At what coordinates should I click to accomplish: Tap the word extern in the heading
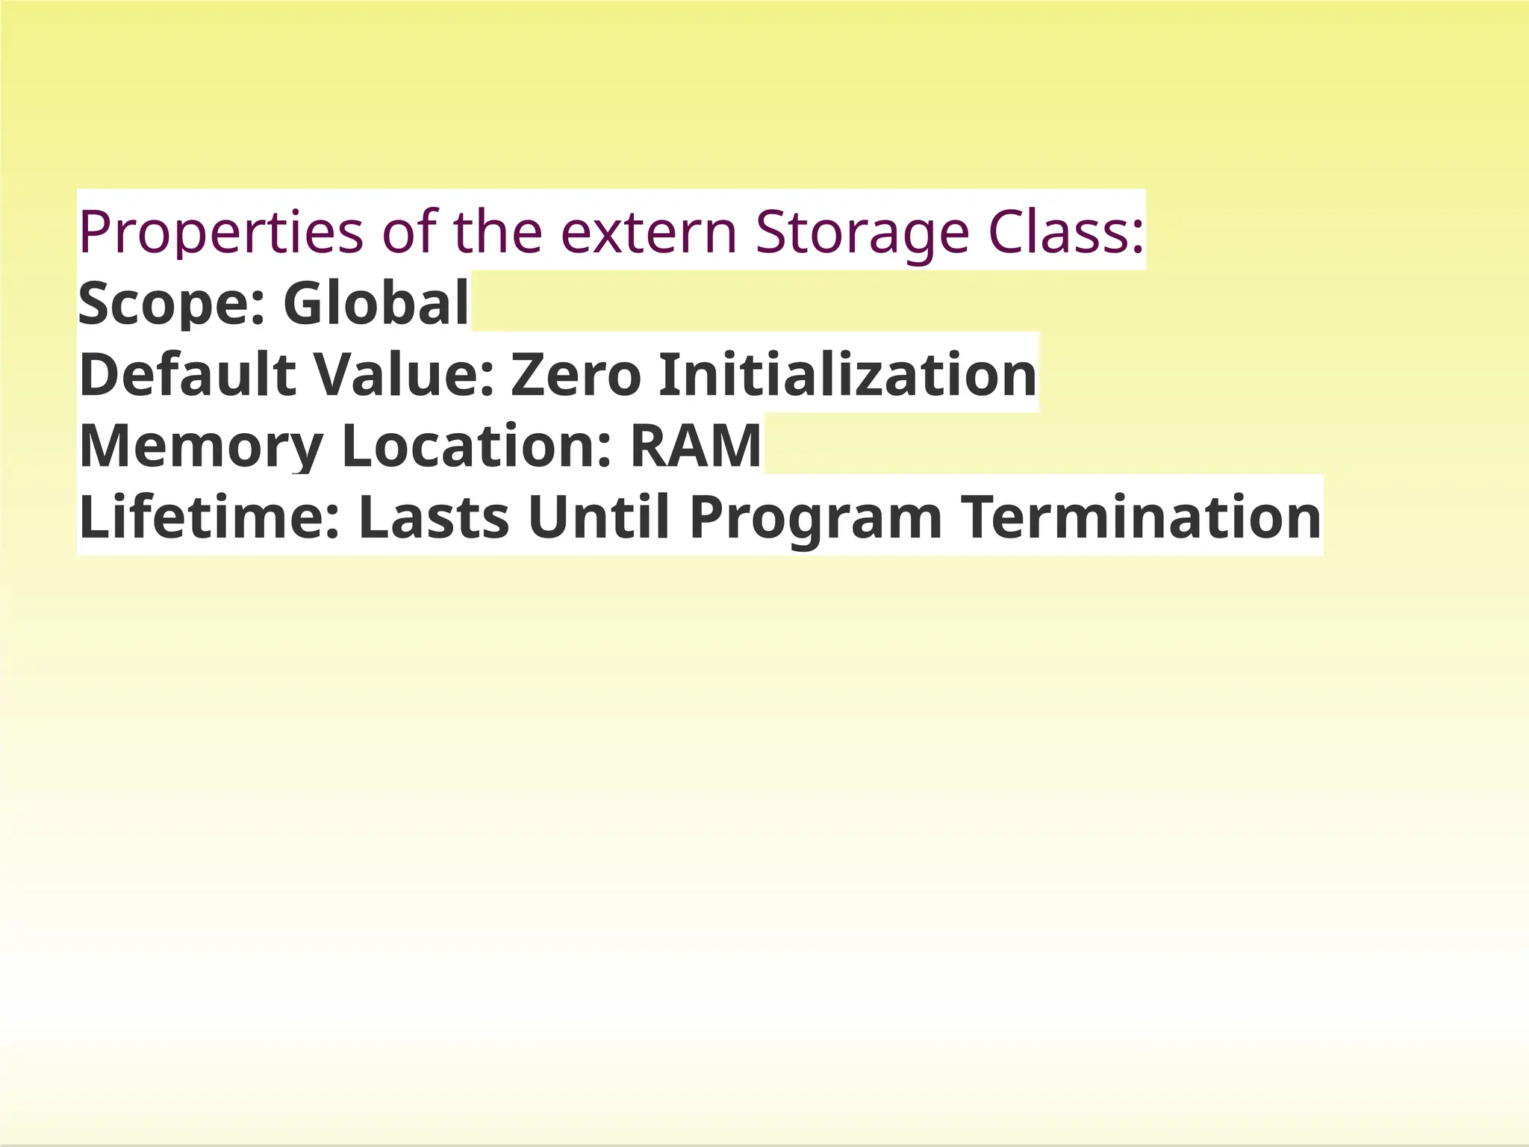pos(649,231)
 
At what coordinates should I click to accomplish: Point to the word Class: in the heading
pos(1066,231)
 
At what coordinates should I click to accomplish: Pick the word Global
pos(376,302)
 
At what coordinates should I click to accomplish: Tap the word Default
pos(187,373)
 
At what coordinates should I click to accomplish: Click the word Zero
pos(576,373)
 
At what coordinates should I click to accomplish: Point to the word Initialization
pos(847,373)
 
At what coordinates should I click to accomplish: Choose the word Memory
pos(201,446)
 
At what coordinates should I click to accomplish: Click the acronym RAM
pos(695,445)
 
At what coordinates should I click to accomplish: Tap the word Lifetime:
pos(210,517)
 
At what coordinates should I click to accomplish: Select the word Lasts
pos(434,517)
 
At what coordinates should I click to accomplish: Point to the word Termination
pos(1140,517)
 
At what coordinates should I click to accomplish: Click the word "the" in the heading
pos(497,231)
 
